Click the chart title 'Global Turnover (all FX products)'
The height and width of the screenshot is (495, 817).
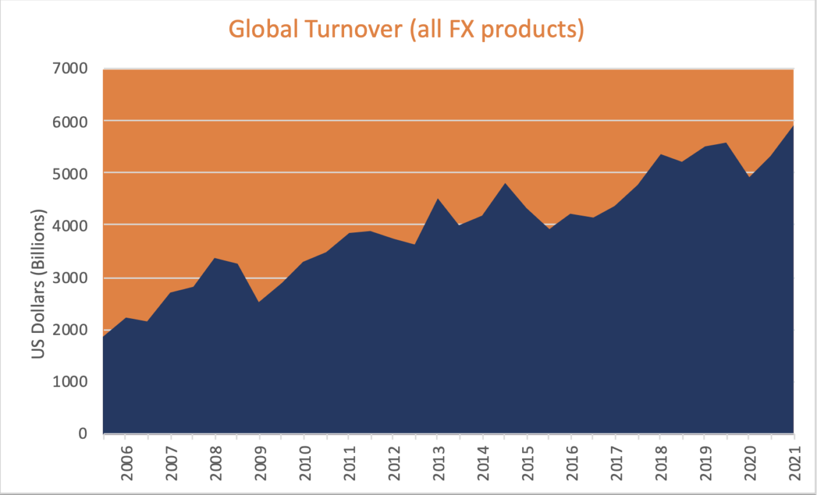(406, 29)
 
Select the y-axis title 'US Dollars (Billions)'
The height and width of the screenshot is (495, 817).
(40, 284)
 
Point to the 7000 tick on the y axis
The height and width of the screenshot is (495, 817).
(74, 68)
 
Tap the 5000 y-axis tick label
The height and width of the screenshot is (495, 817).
(74, 173)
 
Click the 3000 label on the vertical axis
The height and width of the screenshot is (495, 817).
(74, 277)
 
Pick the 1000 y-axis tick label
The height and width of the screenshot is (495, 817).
(74, 381)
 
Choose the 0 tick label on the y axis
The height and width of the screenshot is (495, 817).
(83, 434)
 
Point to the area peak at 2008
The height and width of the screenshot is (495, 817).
(215, 258)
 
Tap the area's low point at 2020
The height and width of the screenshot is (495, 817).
(749, 177)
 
